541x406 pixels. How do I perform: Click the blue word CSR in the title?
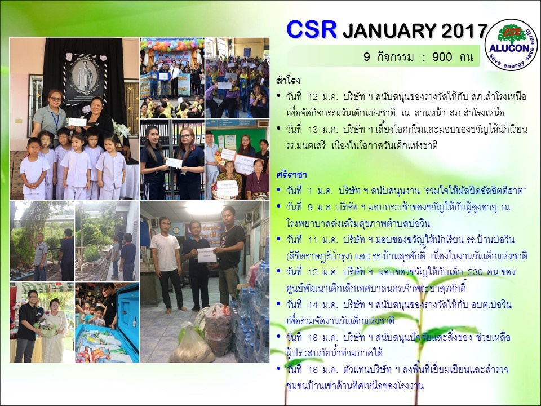tap(311, 29)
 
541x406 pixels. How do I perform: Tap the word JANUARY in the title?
tap(389, 30)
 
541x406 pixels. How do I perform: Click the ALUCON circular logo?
tap(511, 45)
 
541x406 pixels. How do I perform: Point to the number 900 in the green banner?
tap(442, 56)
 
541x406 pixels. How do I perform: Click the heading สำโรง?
tap(288, 81)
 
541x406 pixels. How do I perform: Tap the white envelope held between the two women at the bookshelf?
tap(174, 163)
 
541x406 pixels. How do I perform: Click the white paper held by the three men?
tap(207, 255)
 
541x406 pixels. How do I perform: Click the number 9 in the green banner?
tap(367, 56)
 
